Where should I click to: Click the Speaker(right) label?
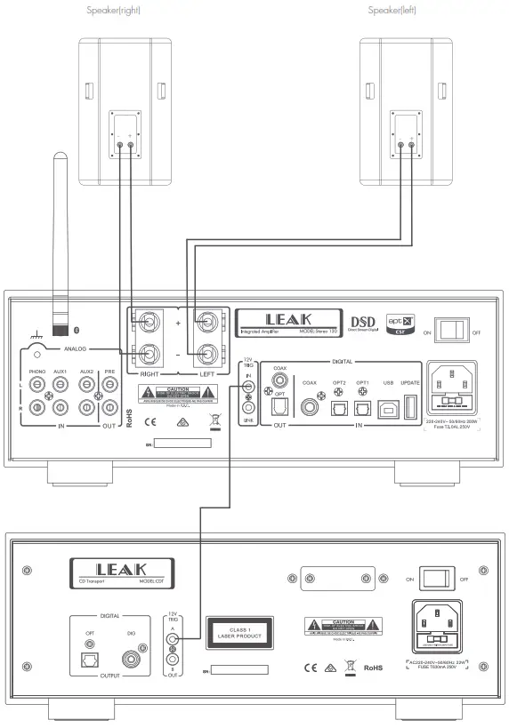[114, 10]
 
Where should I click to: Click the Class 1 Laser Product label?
[237, 633]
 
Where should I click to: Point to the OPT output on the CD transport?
[90, 658]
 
